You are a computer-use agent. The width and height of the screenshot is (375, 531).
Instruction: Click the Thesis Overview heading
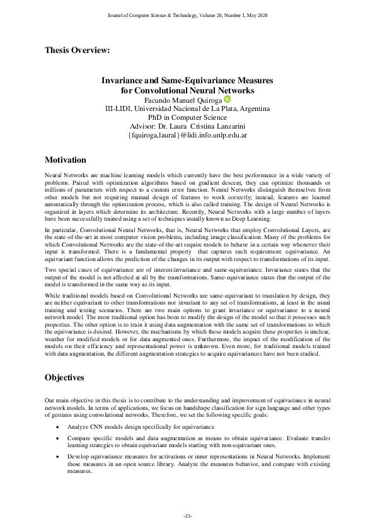point(78,50)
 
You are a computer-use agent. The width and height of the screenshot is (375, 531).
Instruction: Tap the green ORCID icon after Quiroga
point(228,99)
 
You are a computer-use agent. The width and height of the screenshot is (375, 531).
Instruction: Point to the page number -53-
point(187,516)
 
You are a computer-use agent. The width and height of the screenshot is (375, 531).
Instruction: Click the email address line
point(187,135)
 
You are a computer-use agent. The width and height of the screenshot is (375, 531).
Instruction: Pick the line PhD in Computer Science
point(187,117)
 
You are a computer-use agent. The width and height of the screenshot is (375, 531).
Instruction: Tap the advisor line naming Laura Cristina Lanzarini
point(187,126)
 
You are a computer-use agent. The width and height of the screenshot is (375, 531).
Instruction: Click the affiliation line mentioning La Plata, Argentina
point(187,108)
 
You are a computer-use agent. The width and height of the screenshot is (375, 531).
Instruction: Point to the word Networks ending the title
point(231,90)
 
